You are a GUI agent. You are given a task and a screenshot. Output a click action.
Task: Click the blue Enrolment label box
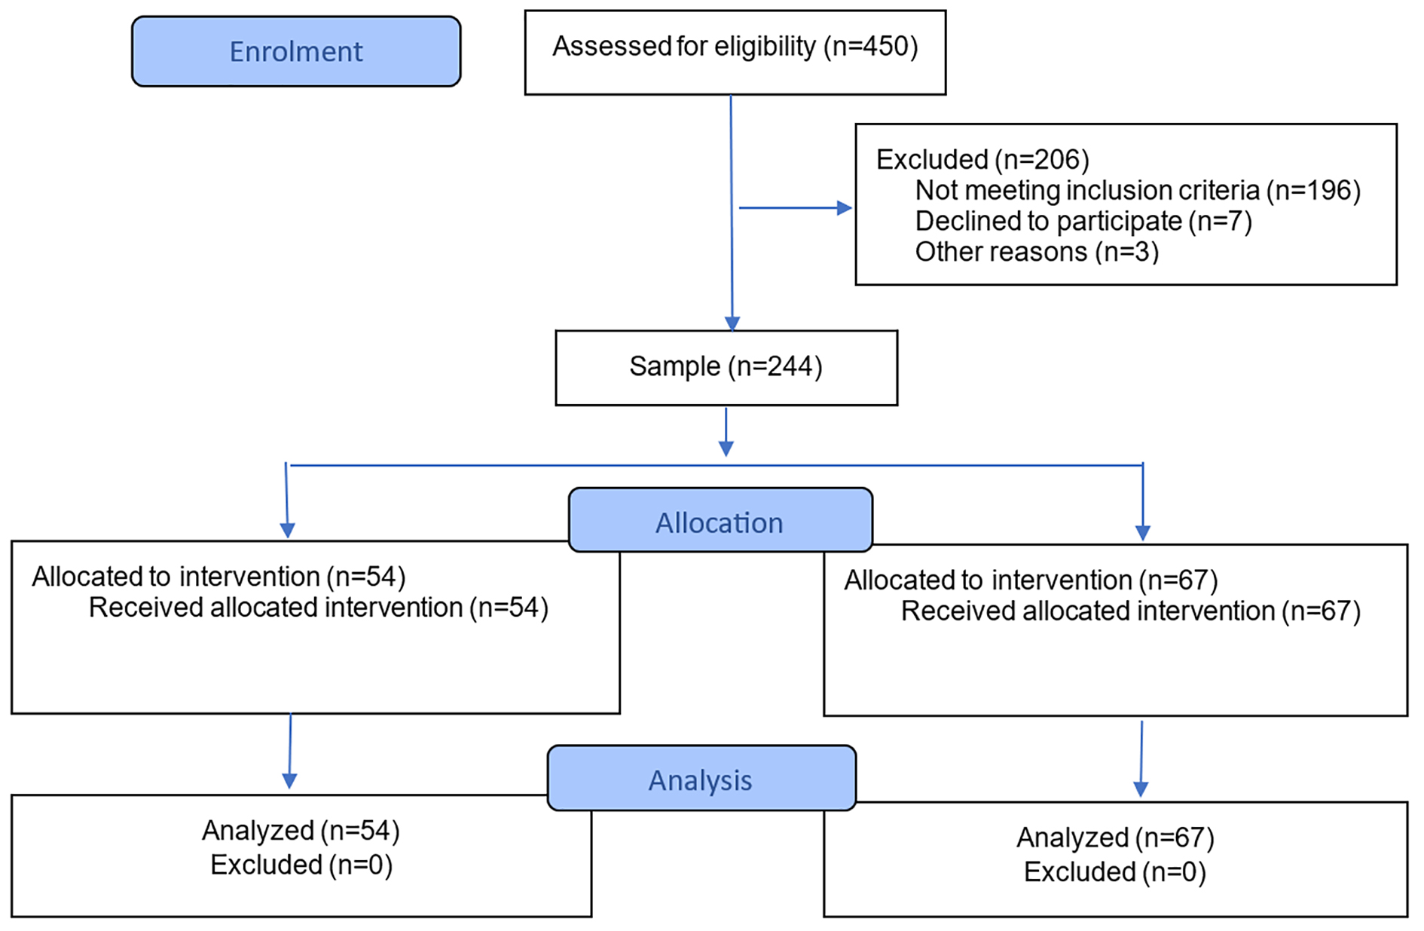tap(296, 51)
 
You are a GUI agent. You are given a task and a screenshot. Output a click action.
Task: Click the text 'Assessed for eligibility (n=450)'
tap(735, 47)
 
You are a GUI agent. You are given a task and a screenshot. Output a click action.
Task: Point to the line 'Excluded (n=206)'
tap(982, 160)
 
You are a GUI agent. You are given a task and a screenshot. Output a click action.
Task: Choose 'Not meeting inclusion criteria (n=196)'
tap(1138, 191)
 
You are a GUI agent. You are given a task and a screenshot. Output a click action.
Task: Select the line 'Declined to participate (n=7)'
tap(1083, 222)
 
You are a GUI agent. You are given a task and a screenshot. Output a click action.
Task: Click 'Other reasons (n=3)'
tap(1037, 252)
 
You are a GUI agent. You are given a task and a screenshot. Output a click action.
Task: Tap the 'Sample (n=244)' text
tap(726, 366)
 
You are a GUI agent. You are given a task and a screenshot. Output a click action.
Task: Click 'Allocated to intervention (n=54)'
tap(218, 577)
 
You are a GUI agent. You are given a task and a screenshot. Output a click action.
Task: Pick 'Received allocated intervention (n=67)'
tap(1131, 611)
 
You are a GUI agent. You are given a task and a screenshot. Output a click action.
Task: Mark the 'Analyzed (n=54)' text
tap(301, 831)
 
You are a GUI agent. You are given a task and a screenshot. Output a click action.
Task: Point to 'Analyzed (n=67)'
tap(1115, 838)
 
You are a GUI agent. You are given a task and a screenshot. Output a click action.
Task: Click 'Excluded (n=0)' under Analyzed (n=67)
tap(1115, 872)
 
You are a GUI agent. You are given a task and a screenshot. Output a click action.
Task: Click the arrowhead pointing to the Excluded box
tap(845, 208)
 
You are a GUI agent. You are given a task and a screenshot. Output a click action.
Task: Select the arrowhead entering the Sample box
tap(732, 323)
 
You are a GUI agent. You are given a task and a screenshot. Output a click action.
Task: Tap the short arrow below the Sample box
tap(726, 432)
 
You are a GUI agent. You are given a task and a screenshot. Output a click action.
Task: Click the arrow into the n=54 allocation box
tap(287, 501)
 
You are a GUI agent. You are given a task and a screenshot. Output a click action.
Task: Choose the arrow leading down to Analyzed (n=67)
tap(1141, 759)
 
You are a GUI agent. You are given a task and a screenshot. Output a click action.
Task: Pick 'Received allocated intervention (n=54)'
tap(319, 608)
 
